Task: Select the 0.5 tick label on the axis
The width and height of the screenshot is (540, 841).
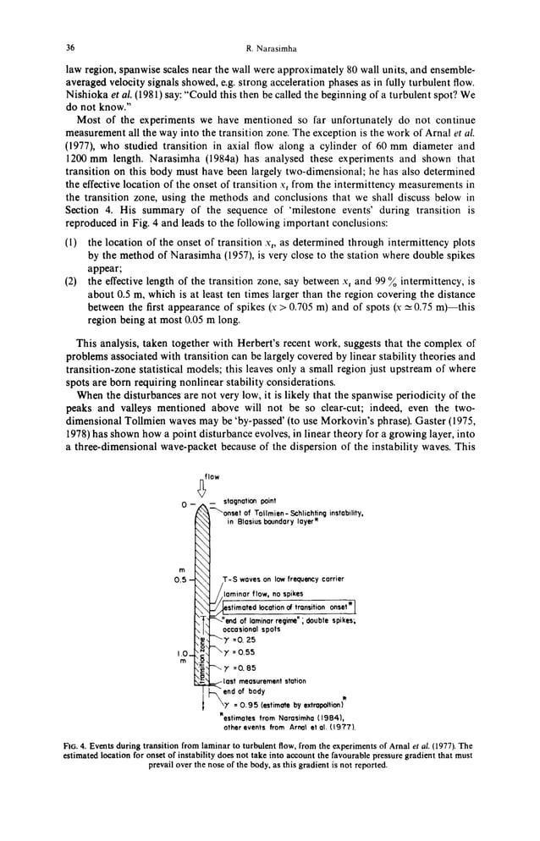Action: [180, 580]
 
